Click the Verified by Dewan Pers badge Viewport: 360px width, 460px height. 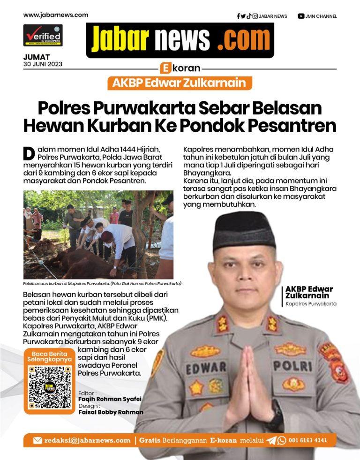pos(43,35)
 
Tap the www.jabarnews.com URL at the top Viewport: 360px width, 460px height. pos(56,15)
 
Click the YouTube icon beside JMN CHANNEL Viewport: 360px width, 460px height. pos(300,16)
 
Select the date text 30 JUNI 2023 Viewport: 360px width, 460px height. pos(43,64)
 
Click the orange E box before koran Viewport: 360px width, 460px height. pos(165,68)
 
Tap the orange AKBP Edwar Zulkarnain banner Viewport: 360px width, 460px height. pos(180,83)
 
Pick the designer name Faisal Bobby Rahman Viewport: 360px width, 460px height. pos(111,412)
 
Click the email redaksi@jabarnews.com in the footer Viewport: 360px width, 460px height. pos(87,440)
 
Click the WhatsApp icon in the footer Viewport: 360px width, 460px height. pos(282,440)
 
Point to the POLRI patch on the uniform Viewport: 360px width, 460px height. pos(289,365)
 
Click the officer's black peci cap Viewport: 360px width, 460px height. pos(244,230)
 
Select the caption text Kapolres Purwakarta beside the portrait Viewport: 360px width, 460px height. pos(311,304)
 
